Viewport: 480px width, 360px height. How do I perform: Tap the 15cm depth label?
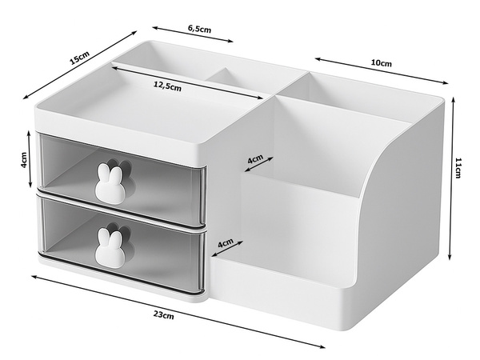point(79,57)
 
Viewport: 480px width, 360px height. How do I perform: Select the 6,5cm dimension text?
point(199,29)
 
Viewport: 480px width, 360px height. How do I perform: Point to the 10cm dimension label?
point(382,63)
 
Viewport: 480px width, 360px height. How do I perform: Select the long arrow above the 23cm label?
point(176,307)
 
